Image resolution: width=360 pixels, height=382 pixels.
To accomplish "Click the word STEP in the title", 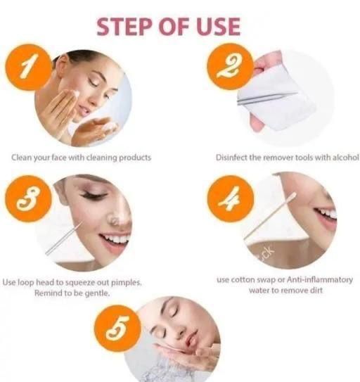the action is coord(126,27).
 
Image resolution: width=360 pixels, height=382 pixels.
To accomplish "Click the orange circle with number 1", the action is coord(29,67).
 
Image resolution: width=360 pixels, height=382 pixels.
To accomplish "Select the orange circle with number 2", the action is coord(231,66).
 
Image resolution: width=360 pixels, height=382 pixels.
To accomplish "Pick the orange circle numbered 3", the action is coord(29,198).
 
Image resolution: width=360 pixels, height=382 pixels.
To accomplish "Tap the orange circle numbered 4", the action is coord(231,198).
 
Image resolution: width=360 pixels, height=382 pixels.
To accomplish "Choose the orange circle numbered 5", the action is coord(118,328).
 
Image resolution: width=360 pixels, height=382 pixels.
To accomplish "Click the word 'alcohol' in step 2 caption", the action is coord(346,158).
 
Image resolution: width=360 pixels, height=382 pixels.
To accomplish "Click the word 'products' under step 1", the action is coord(135,158).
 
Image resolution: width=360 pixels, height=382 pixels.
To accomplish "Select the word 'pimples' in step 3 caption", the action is coord(126,283).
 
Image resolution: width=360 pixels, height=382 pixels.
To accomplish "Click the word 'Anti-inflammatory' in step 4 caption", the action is coord(320,280).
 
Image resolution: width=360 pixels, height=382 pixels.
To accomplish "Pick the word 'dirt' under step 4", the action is coord(316,291).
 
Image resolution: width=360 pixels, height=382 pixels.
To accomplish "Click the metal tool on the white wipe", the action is coord(267,98).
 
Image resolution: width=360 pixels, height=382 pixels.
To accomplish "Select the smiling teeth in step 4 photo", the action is coord(327,214).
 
